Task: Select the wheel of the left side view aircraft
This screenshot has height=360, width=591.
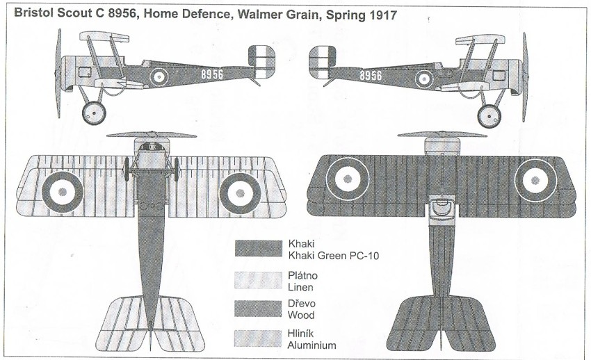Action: click(x=94, y=111)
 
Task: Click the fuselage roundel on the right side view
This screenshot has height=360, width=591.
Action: click(x=425, y=78)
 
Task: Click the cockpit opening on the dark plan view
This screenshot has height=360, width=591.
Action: click(x=439, y=206)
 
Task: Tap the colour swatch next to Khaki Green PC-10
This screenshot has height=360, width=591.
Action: click(x=259, y=249)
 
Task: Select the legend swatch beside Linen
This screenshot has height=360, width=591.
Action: click(x=259, y=279)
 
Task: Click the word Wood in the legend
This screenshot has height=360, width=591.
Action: click(x=300, y=315)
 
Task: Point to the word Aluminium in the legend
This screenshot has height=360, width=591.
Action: click(x=312, y=345)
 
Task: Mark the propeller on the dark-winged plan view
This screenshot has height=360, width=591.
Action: click(x=441, y=134)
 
